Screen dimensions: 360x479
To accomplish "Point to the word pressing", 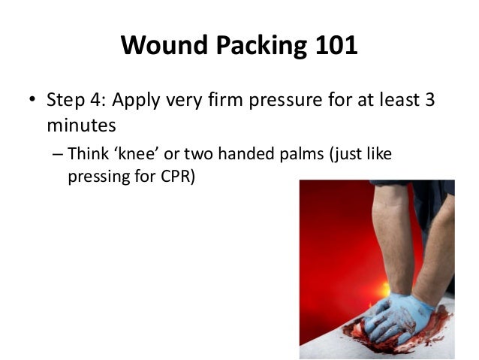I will coord(94,178).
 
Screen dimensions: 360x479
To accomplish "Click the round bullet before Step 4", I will coord(32,101).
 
